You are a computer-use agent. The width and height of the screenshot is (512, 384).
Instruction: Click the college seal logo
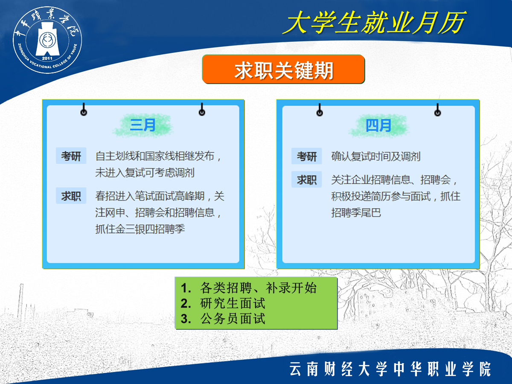point(47,40)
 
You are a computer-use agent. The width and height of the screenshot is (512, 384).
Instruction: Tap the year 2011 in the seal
point(47,58)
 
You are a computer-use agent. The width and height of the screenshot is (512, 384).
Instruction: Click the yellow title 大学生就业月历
point(375,23)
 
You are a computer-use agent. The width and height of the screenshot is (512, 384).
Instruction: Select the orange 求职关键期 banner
point(283,69)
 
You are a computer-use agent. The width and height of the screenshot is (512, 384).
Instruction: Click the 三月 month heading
point(143,125)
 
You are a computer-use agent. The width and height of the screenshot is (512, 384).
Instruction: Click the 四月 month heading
point(378,125)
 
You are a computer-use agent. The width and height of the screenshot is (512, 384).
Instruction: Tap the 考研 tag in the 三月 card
point(71,156)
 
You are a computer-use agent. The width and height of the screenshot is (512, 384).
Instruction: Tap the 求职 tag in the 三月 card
point(71,196)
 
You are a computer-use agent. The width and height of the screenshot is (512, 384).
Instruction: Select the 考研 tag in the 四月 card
point(307,156)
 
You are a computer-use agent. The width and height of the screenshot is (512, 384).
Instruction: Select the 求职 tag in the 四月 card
point(307,180)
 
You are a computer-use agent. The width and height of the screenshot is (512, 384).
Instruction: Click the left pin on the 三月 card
point(84,109)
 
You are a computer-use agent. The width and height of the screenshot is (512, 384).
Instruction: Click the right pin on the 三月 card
point(202,109)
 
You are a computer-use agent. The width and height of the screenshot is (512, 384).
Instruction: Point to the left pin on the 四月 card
point(320,110)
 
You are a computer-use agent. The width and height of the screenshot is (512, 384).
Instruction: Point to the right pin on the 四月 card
point(438,110)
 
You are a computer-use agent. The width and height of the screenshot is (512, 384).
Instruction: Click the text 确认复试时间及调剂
point(376,157)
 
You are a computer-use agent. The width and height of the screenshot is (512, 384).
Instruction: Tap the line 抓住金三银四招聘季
point(140,229)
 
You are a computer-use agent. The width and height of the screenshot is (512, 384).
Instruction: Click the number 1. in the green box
point(186,288)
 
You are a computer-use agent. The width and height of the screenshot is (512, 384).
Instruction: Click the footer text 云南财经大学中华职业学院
point(390,369)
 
